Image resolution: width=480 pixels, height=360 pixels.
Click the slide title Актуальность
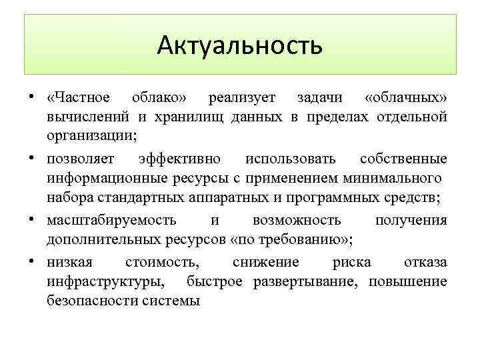coord(240,45)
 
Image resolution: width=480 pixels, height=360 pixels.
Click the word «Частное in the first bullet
coord(79,98)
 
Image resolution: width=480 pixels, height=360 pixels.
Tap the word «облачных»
coord(406,98)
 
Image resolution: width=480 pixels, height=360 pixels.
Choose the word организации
coord(90,137)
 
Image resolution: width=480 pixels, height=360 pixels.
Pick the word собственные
coord(403,160)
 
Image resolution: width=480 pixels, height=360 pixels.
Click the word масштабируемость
coord(111,220)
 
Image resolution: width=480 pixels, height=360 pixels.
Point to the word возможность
coord(297,220)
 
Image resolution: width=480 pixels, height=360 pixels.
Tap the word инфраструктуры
coord(107,281)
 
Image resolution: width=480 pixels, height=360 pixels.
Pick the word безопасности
coord(93,301)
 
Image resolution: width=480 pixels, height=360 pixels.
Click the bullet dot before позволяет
coord(32,159)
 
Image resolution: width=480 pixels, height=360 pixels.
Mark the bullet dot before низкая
coord(32,261)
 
